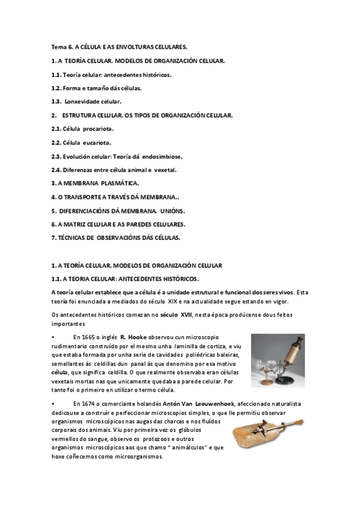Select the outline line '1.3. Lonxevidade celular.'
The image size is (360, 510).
pyautogui.click(x=87, y=101)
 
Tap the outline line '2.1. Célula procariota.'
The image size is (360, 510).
pyautogui.click(x=82, y=129)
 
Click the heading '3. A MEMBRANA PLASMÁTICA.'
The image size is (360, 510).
pyautogui.click(x=96, y=183)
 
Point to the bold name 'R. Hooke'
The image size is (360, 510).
pyautogui.click(x=131, y=337)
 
